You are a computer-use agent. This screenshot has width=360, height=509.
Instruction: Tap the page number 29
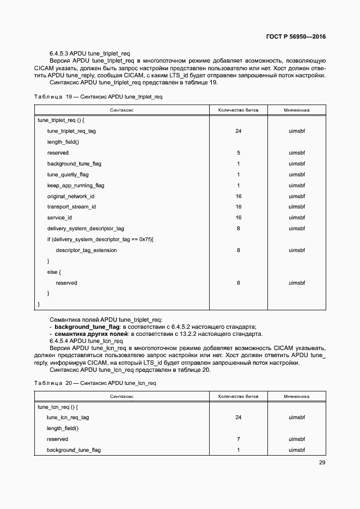coord(321,463)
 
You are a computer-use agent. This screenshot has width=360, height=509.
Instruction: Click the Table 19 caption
coord(98,96)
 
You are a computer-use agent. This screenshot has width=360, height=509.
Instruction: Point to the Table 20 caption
coord(95,383)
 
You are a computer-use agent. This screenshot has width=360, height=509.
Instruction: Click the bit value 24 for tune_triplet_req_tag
coord(238,131)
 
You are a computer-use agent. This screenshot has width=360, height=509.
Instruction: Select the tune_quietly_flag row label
coord(68,175)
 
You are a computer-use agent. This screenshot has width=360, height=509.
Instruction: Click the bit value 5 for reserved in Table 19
coord(238,153)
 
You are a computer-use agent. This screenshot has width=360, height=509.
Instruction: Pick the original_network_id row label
coord(71,196)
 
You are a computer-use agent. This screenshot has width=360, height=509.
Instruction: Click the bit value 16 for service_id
coord(238,218)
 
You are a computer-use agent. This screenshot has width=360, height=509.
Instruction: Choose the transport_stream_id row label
coord(71,207)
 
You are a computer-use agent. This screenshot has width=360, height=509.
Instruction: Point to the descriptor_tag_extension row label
coord(86,250)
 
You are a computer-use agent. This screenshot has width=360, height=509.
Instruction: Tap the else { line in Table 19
coord(54,272)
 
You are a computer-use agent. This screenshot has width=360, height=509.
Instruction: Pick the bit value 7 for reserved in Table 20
coord(238,439)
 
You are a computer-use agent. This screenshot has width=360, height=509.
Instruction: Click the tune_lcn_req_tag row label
coord(68,418)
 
